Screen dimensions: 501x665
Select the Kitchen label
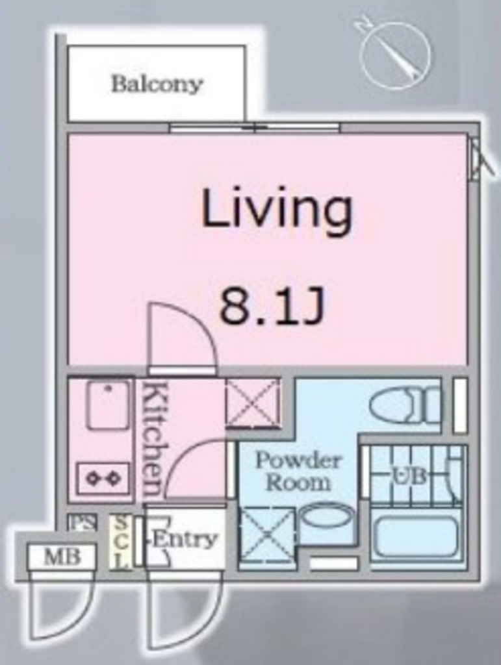pos(152,440)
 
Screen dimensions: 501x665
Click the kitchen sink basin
pos(108,404)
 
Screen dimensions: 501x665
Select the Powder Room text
pos(298,471)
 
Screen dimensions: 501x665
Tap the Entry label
pos(184,539)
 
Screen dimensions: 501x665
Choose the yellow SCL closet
pos(120,542)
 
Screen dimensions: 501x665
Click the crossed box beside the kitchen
pos(253,403)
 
